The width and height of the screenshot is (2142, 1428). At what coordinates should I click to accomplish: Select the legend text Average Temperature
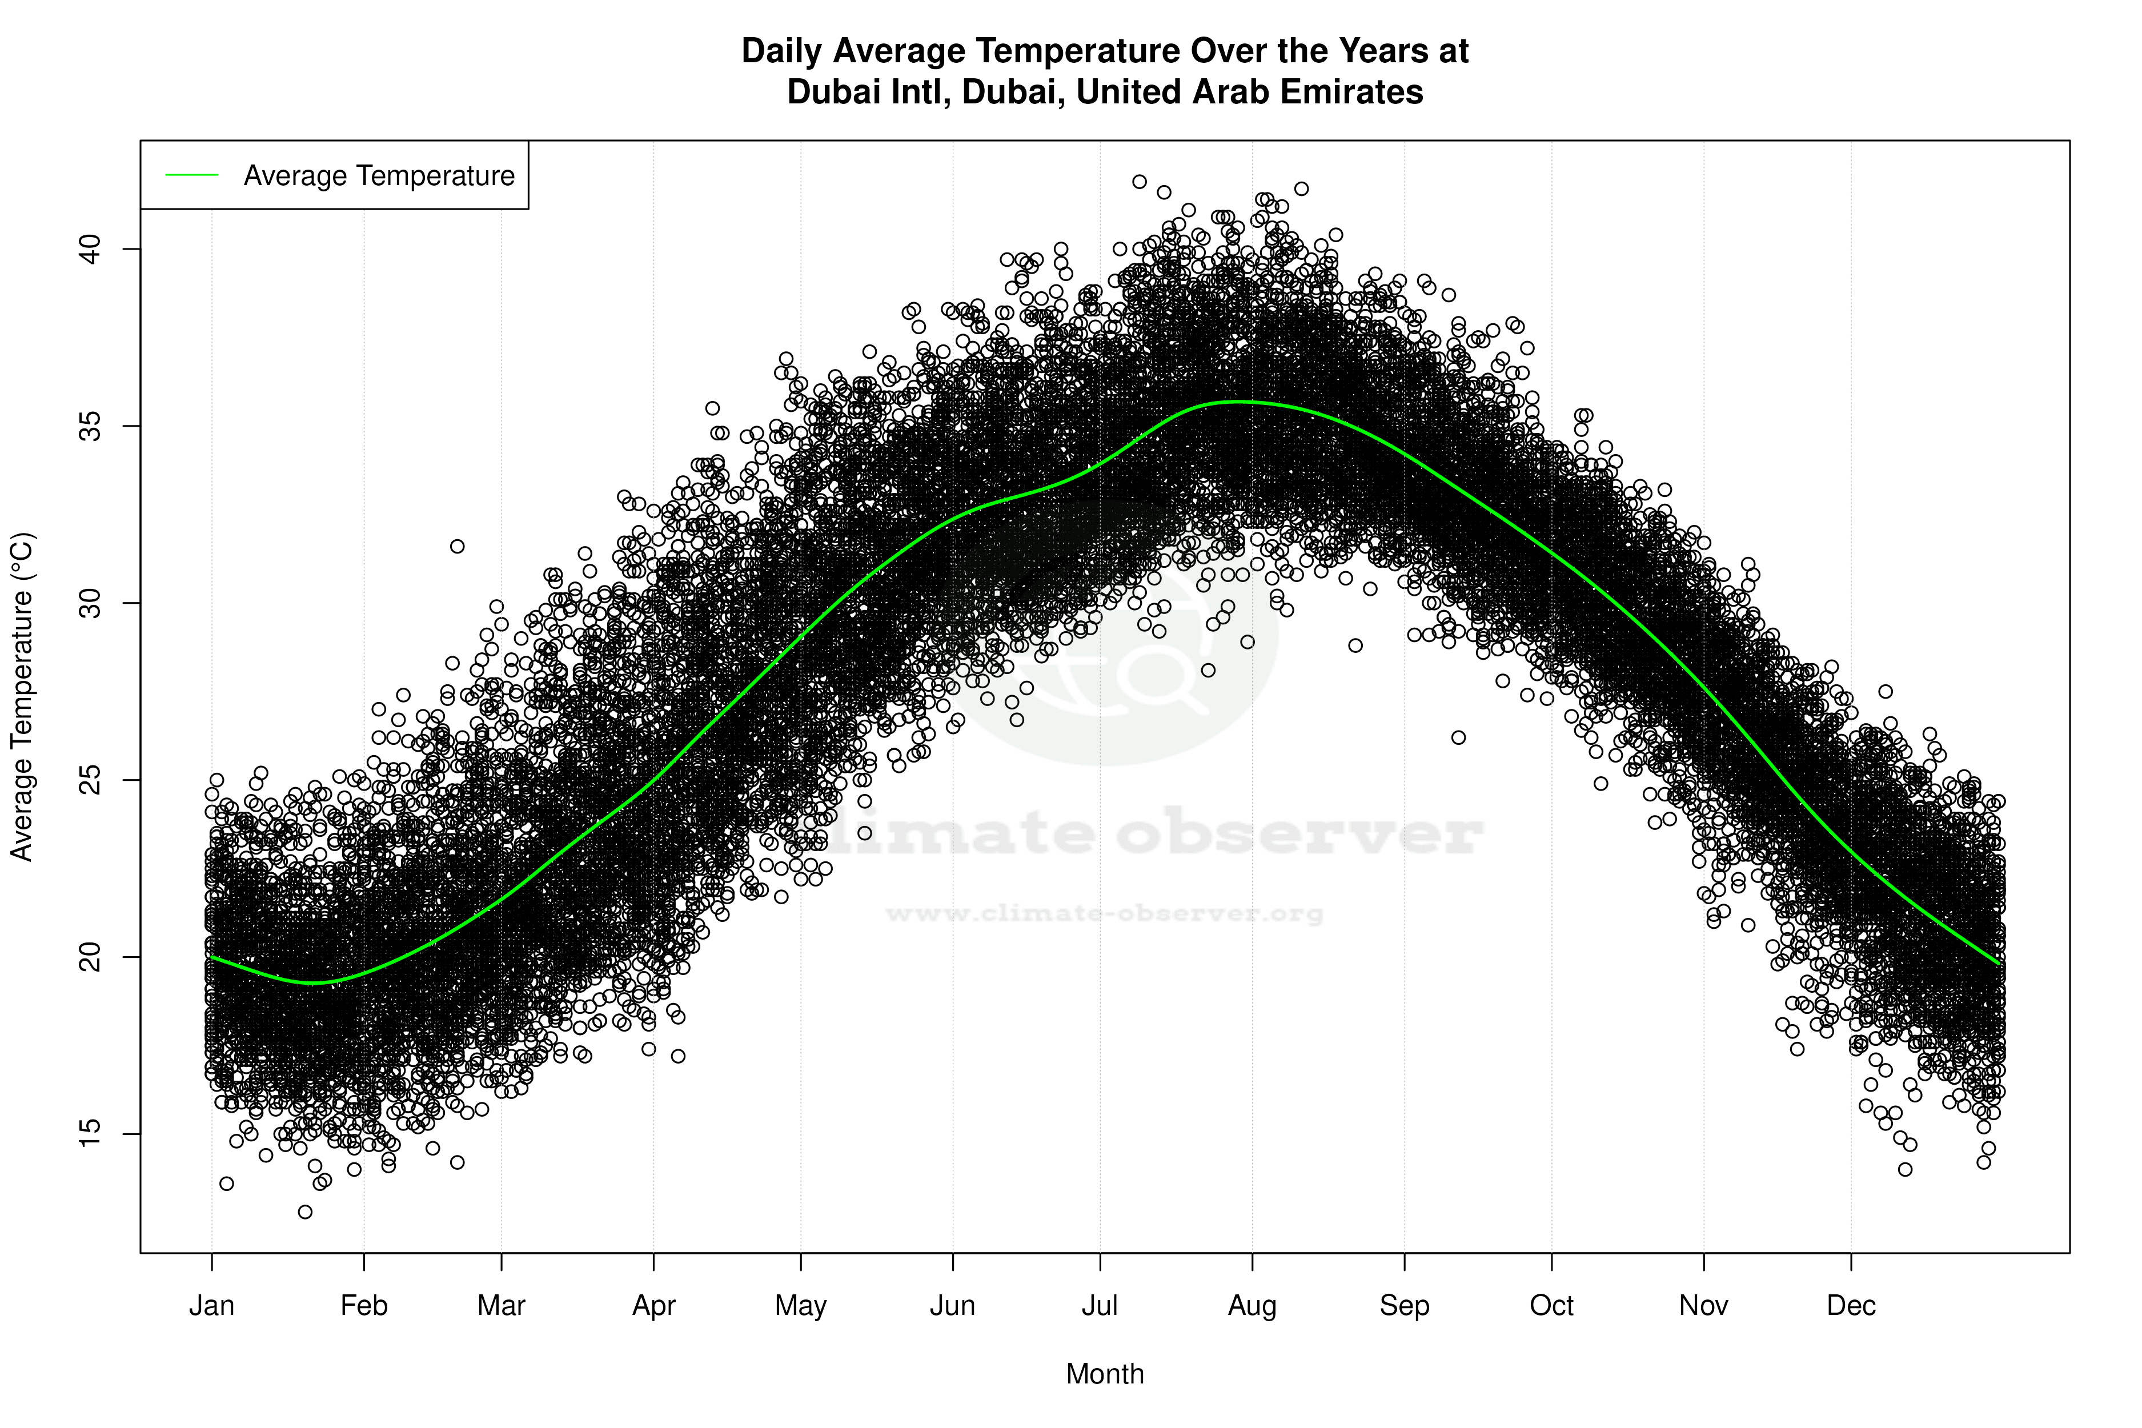point(379,176)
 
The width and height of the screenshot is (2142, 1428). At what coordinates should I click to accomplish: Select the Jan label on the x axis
point(211,1306)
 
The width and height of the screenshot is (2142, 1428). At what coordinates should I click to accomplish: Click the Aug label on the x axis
point(1251,1306)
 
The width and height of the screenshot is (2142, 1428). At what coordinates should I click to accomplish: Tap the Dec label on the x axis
point(1851,1306)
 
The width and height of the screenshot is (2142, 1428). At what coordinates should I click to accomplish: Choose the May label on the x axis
point(800,1306)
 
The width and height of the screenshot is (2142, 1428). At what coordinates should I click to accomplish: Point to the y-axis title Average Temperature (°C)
point(21,697)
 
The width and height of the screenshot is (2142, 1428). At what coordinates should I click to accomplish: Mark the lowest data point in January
point(305,1212)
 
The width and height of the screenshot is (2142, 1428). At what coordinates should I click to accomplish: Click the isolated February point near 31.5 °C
point(457,547)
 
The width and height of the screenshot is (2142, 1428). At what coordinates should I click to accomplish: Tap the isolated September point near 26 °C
point(1459,737)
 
